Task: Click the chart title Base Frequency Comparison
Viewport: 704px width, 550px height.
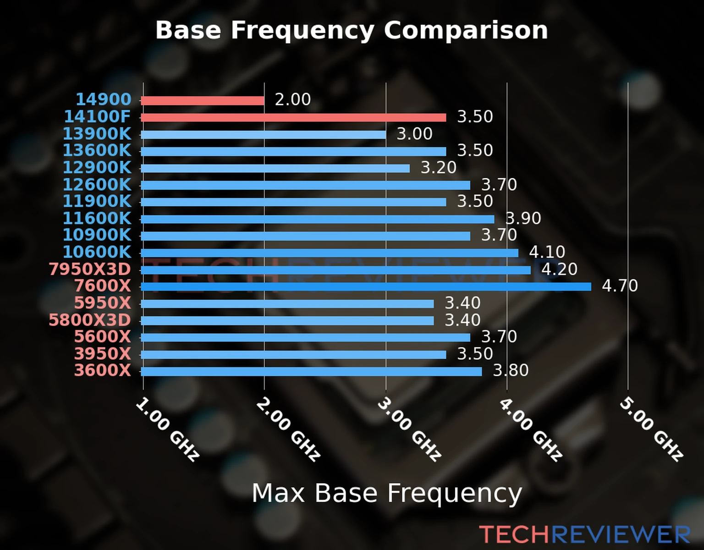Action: pos(352,30)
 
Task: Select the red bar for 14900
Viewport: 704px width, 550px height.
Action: pos(203,100)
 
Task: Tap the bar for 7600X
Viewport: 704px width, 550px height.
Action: pos(366,286)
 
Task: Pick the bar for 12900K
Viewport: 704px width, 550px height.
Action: pos(275,168)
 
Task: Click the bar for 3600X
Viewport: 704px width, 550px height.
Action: pos(311,371)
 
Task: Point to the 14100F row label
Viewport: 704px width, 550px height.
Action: pos(97,116)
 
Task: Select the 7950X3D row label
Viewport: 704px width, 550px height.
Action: pos(90,269)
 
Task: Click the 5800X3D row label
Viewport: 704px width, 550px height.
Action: pos(90,320)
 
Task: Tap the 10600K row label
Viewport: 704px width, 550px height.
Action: pos(97,252)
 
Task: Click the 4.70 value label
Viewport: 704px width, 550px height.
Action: pos(620,286)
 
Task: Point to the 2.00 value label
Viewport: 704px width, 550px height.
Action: pos(292,99)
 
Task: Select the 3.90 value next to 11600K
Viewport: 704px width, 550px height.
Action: pos(523,218)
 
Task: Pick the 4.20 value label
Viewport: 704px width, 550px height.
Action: pos(559,269)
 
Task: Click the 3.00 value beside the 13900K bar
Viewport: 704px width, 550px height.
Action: pos(414,134)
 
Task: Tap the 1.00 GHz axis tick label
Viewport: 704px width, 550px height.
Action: pos(168,429)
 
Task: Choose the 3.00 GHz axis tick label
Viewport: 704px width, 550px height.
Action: pos(409,429)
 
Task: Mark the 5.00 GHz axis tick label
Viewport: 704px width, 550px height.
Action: pos(651,429)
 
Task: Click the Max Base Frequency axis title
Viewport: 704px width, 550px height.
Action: pos(387,493)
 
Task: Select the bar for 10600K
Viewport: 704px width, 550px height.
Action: pos(330,253)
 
